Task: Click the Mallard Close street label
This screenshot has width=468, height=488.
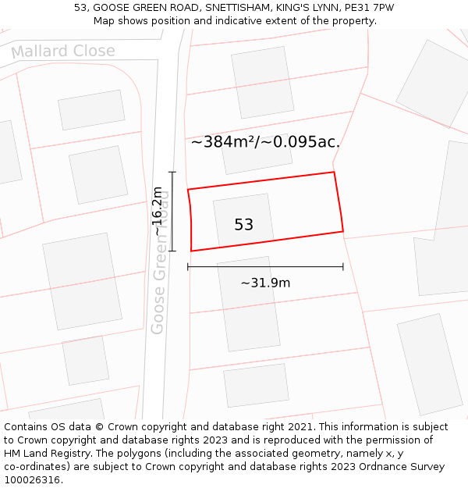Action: tap(63, 52)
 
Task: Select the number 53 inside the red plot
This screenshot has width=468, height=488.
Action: tap(243, 225)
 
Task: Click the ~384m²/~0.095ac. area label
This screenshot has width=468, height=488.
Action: tap(265, 142)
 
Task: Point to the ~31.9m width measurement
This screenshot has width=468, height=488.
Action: tap(265, 283)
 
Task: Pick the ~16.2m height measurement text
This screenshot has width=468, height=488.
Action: tap(158, 211)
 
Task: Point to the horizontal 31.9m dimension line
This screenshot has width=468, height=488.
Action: tap(265, 267)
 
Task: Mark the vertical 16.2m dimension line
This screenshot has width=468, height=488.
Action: tap(172, 212)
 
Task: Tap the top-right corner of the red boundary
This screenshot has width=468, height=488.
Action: tap(334, 173)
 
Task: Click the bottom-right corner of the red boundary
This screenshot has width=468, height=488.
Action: tap(343, 231)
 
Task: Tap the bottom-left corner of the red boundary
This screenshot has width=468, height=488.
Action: tap(191, 251)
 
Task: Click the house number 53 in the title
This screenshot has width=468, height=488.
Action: tap(80, 8)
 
